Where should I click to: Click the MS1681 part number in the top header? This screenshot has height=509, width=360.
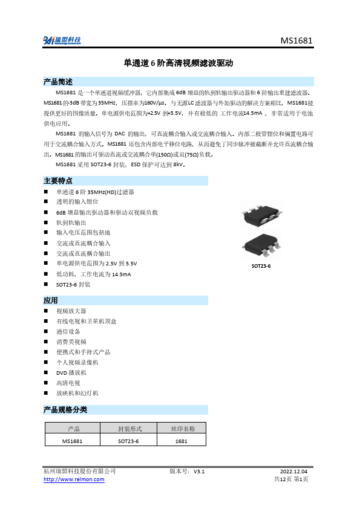[x=296, y=41]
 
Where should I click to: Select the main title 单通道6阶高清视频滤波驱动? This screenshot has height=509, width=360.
[x=178, y=63]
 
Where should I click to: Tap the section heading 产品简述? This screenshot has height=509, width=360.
[x=58, y=82]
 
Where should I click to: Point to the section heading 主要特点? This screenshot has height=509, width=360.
[x=58, y=180]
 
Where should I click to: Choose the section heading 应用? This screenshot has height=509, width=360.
[x=51, y=300]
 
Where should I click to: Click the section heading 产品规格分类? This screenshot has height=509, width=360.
[x=65, y=410]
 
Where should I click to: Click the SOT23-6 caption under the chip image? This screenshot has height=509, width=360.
[x=261, y=266]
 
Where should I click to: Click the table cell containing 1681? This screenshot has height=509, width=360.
[x=182, y=441]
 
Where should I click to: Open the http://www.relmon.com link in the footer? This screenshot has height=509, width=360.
[x=74, y=479]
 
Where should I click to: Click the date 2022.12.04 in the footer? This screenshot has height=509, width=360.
[x=294, y=471]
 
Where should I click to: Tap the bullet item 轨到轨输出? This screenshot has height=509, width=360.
[x=71, y=222]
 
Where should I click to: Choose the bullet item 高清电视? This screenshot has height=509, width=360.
[x=68, y=383]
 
